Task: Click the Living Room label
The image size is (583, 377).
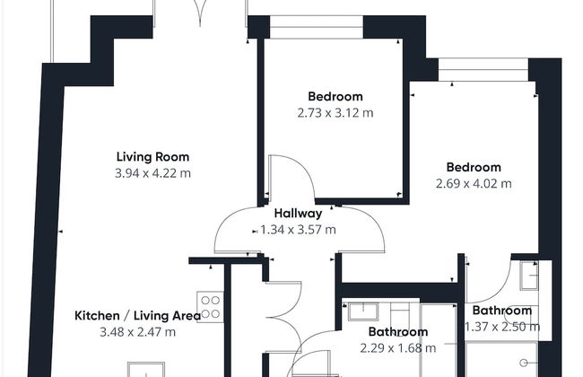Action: (x=152, y=157)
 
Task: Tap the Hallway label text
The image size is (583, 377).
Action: (x=298, y=214)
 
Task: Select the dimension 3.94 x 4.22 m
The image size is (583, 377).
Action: (x=152, y=173)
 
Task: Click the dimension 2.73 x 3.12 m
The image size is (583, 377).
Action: (x=335, y=113)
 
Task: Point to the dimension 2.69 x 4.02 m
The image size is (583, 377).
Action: (x=474, y=184)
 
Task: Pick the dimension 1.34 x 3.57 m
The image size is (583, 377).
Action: (x=298, y=230)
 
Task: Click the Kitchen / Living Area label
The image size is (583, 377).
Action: (x=138, y=316)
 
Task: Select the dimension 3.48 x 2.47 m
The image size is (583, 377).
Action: (x=137, y=332)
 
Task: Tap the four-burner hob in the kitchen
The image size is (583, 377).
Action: (x=210, y=307)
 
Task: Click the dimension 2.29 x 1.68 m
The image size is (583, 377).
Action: (x=398, y=348)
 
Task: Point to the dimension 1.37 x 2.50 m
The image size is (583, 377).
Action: (x=502, y=327)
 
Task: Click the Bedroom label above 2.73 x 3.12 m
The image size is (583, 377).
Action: (x=335, y=97)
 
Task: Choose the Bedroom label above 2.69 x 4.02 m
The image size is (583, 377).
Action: (x=474, y=168)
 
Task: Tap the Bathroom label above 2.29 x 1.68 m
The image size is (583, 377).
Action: (x=398, y=332)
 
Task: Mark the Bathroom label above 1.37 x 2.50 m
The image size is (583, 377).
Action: (x=502, y=311)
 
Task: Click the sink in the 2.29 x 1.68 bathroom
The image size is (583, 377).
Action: (x=363, y=311)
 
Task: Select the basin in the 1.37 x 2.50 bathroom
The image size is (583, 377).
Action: (x=529, y=276)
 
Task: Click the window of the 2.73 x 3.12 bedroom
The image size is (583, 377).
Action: (x=317, y=27)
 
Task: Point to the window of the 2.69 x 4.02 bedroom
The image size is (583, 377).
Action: (x=483, y=70)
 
